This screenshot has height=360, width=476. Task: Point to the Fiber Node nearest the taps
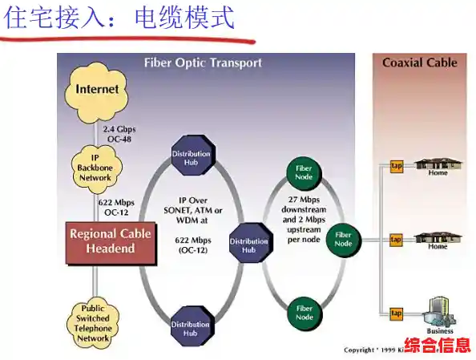pos(344,239)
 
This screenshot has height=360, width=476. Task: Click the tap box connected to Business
pos(396,313)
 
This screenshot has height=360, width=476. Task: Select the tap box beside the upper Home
pos(396,166)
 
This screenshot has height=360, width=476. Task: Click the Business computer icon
pos(438,309)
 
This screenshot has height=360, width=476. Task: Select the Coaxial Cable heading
pos(419,63)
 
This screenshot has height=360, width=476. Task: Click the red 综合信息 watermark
pos(437,346)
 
